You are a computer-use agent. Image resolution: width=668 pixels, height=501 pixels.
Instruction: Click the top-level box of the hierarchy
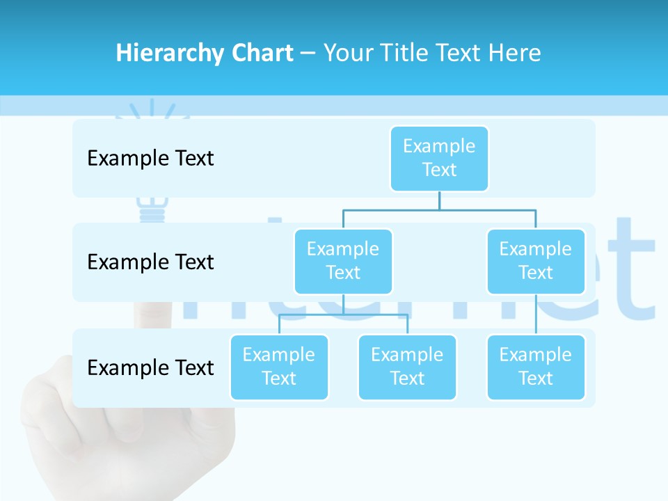439,158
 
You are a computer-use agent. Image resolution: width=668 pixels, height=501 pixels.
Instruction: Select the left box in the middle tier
343,261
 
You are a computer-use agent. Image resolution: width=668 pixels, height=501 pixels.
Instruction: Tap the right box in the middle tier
536,261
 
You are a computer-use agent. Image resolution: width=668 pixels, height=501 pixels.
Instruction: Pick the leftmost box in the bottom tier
279,367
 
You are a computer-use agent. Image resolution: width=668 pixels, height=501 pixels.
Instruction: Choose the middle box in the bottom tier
407,367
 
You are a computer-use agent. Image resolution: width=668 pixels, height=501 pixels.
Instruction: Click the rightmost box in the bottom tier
536,367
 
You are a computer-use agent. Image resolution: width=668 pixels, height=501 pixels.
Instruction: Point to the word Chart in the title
259,53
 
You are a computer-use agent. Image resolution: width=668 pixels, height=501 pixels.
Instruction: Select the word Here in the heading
517,53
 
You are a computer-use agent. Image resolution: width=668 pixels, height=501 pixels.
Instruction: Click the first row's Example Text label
150,159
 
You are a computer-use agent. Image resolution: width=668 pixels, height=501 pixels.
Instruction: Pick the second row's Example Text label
150,262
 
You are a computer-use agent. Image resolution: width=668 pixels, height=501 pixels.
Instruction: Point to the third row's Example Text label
150,367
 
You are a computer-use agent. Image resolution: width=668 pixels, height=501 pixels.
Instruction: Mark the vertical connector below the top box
439,200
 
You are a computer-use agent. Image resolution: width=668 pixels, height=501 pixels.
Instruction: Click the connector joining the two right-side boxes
536,315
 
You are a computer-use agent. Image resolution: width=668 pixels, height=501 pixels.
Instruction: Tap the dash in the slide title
308,54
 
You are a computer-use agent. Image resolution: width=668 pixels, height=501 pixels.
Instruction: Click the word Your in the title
347,53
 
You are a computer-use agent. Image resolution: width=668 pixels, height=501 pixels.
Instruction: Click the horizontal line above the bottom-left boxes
344,315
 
